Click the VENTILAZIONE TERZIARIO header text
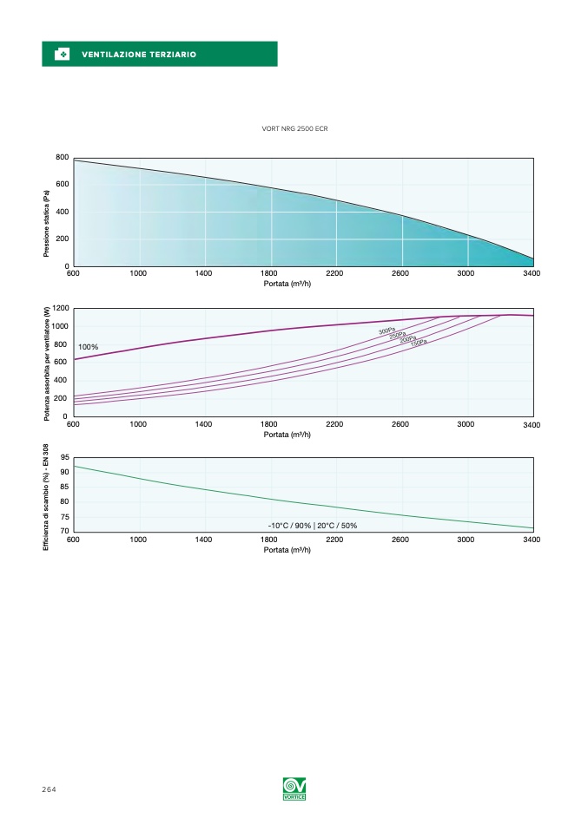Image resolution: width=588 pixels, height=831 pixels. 139,55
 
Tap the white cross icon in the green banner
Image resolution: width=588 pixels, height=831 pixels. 62,55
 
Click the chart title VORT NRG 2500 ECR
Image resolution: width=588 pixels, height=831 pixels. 294,128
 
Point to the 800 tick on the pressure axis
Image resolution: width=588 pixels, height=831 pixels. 63,157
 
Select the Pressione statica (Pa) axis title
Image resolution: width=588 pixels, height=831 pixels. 47,224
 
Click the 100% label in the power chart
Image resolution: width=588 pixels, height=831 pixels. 89,347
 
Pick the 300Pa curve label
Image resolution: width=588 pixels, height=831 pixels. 387,330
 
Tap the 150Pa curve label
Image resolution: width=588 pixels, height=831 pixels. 419,343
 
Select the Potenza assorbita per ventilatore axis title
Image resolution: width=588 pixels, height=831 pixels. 47,363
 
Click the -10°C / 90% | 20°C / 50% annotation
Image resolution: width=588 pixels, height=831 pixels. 312,526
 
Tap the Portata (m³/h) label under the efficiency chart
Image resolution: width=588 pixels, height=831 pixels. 287,550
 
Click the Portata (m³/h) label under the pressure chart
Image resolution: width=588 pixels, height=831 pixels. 287,284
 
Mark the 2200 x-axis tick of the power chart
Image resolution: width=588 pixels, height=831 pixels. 334,424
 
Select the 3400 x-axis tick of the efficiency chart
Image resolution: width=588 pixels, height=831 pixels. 532,540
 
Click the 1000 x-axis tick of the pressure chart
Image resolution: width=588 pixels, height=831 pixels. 138,273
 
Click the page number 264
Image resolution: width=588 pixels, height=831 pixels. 48,789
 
